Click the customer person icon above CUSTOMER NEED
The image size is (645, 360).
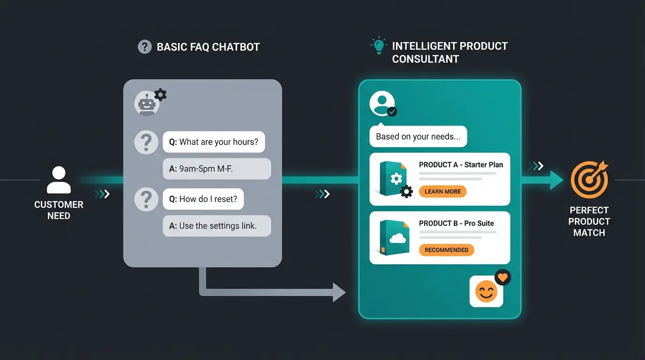(59, 180)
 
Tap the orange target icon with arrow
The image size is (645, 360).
(589, 180)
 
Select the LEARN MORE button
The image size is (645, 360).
(442, 191)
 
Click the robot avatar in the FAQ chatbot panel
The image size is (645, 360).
(147, 104)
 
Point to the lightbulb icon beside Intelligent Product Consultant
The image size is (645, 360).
(378, 46)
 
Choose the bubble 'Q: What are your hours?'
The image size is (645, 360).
(214, 142)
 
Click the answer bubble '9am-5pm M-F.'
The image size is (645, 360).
(217, 169)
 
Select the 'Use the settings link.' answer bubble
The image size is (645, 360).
(217, 225)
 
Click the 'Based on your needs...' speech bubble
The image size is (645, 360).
(418, 136)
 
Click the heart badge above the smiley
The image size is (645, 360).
(502, 277)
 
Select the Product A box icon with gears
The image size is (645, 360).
(394, 179)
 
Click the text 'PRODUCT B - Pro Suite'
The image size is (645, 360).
(456, 223)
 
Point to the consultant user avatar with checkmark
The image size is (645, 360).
(382, 104)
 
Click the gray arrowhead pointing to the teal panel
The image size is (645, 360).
(339, 292)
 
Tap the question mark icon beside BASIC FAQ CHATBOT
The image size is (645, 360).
(144, 47)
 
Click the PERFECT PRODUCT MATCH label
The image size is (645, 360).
(589, 221)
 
